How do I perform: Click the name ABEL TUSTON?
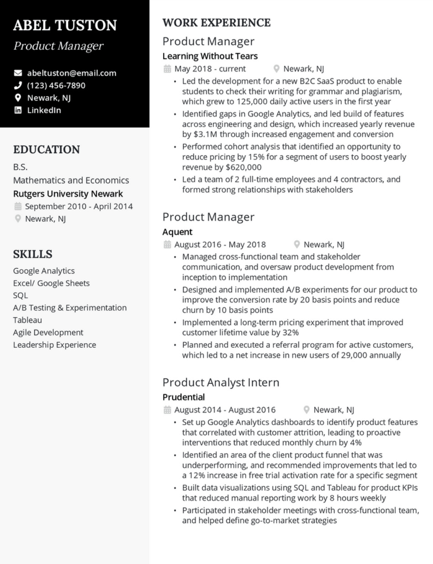pos(65,25)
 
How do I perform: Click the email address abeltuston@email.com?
pos(71,73)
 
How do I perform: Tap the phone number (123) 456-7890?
pos(56,85)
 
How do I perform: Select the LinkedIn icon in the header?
pos(18,110)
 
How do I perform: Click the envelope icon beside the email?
pos(18,73)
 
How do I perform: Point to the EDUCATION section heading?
pos(47,150)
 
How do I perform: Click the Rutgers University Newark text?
pos(68,194)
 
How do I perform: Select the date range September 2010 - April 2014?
pos(79,206)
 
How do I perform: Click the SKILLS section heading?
pos(33,254)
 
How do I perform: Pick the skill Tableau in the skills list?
pos(27,320)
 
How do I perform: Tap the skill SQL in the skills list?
pos(21,295)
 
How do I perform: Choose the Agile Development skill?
pos(48,332)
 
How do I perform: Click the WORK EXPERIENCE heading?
pos(216,23)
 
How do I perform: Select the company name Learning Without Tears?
pos(210,56)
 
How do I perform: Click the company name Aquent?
pos(177,232)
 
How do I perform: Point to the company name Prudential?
pos(184,397)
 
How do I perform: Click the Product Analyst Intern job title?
pos(221,382)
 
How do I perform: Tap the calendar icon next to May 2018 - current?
pos(167,69)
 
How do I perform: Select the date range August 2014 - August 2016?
pos(225,410)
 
